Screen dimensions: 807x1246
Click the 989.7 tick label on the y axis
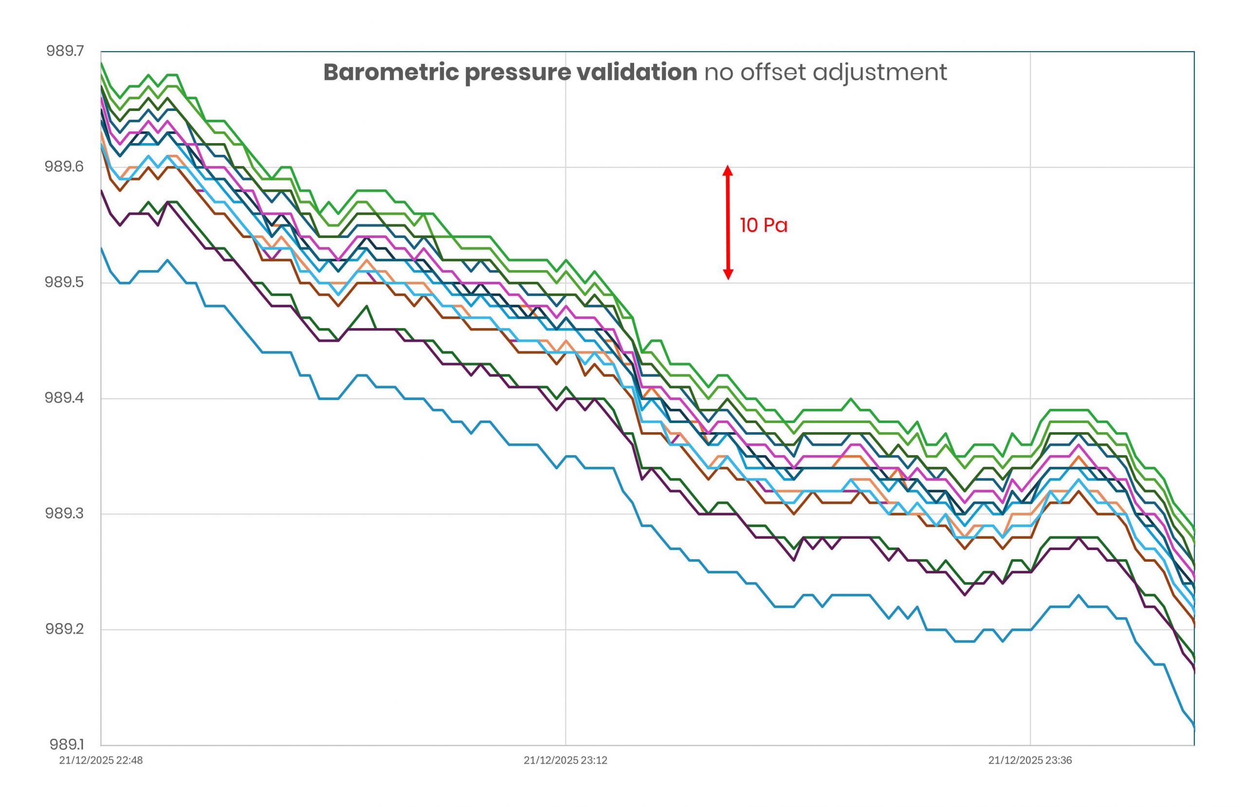[65, 51]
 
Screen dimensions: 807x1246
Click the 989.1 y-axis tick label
[67, 745]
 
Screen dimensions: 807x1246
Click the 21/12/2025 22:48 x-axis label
[101, 760]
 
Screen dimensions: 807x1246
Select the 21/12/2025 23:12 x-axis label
[566, 760]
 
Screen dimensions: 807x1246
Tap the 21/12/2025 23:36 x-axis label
[1030, 760]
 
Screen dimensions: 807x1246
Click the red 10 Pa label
[763, 225]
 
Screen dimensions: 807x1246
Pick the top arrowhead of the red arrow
[728, 170]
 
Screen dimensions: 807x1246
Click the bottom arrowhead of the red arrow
[728, 275]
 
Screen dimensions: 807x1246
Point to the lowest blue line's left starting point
[101, 248]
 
